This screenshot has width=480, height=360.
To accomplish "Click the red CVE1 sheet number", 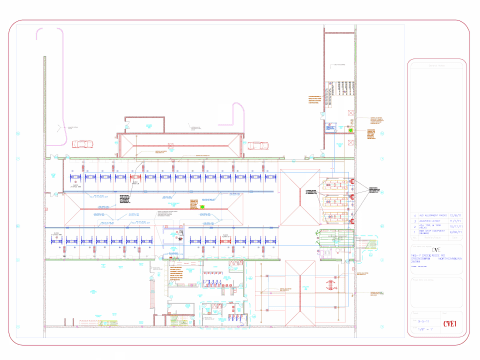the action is (x=448, y=323).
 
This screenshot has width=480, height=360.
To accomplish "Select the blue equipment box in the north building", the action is (x=349, y=127).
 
